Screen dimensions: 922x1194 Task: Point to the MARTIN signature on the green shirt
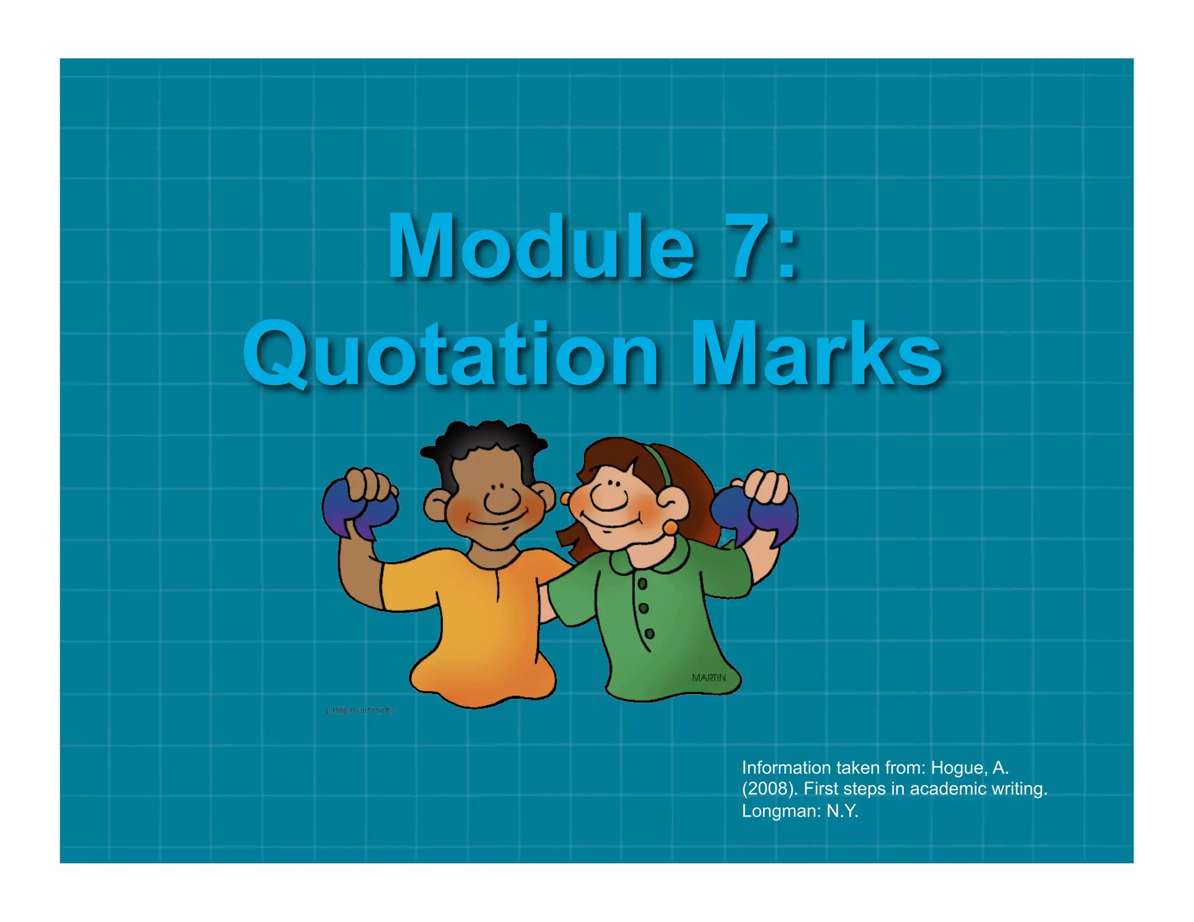(x=708, y=678)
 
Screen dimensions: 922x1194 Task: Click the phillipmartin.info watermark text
(x=361, y=710)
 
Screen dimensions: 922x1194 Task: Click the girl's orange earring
(x=670, y=528)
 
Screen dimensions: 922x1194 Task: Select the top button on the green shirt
(x=642, y=583)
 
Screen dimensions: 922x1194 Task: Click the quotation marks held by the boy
(x=359, y=513)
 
